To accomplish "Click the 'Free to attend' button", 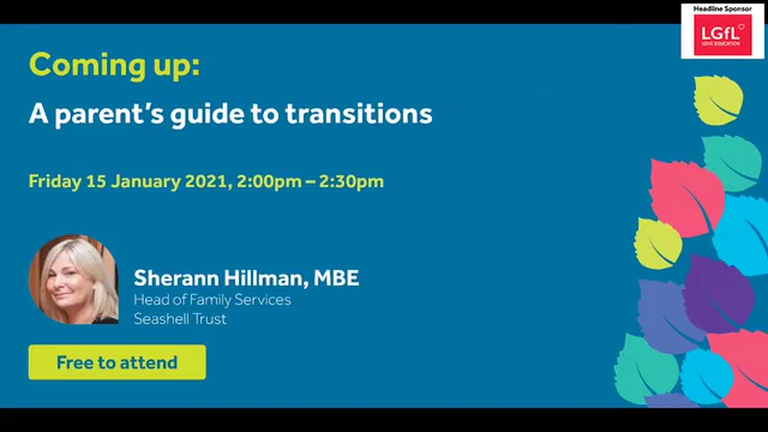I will [x=117, y=362].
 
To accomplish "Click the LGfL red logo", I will [x=722, y=35].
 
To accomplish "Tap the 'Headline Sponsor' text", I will [x=722, y=8].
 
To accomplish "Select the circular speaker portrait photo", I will [x=73, y=280].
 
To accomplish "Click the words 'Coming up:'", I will [x=114, y=65].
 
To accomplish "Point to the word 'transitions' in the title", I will [x=358, y=113].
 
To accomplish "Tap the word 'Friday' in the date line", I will [x=55, y=182].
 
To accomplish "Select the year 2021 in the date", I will [x=206, y=181].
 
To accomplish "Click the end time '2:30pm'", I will [x=351, y=181].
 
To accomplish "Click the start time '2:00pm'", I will [x=269, y=181].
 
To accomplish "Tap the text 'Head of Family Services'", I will [x=212, y=299].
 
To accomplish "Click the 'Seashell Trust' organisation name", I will [x=180, y=319].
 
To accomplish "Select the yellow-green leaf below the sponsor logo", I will [x=718, y=100].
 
